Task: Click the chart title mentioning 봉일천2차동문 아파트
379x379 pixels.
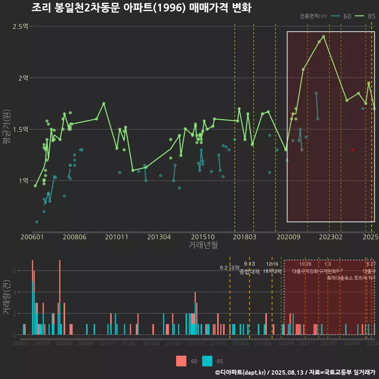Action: point(141,8)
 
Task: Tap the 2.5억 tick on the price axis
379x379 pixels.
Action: point(20,26)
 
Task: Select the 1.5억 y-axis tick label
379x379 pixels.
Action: point(20,129)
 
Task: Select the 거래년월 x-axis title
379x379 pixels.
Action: point(203,245)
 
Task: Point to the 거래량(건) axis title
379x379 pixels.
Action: point(7,297)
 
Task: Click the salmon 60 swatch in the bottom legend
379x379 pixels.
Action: point(181,361)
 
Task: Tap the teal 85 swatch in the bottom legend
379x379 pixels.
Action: point(207,361)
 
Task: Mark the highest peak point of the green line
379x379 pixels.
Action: point(323,37)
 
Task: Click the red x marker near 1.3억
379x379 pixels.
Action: point(353,150)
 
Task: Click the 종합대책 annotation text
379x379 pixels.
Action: point(250,272)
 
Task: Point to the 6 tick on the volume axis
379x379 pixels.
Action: point(14,271)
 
